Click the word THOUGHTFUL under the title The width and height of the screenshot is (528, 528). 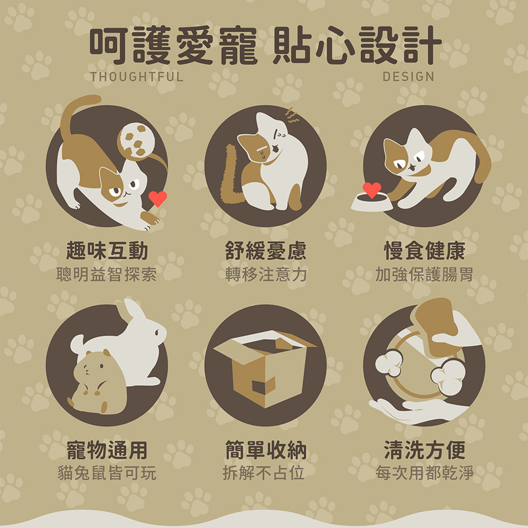(x=137, y=77)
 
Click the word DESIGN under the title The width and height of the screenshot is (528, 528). (x=408, y=77)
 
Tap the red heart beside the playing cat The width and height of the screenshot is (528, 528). (x=157, y=199)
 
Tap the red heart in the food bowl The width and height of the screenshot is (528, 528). (x=372, y=190)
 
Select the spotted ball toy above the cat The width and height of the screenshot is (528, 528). (x=136, y=140)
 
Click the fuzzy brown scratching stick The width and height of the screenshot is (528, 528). (x=230, y=175)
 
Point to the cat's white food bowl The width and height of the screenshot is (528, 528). (x=371, y=202)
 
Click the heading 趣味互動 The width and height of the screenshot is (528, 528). (x=107, y=251)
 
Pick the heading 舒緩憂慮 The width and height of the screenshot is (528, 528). (x=266, y=251)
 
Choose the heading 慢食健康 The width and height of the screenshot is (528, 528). (x=425, y=251)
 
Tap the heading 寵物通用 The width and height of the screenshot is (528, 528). (x=107, y=450)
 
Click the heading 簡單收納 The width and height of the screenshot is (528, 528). (x=266, y=450)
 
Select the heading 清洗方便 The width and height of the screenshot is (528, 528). (x=425, y=450)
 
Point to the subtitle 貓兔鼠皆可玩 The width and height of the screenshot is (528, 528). (x=107, y=473)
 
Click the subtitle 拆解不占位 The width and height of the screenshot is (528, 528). (x=263, y=473)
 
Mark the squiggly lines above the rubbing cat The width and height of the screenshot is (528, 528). (x=292, y=115)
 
